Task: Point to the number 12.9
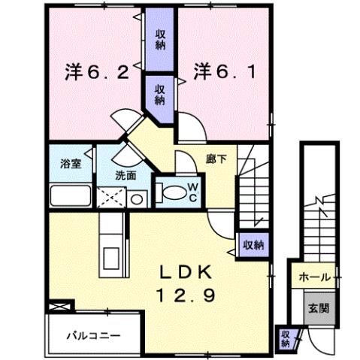(x=189, y=296)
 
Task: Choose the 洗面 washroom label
(x=126, y=176)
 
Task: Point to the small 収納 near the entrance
(x=286, y=337)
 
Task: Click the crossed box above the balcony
(x=60, y=307)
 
